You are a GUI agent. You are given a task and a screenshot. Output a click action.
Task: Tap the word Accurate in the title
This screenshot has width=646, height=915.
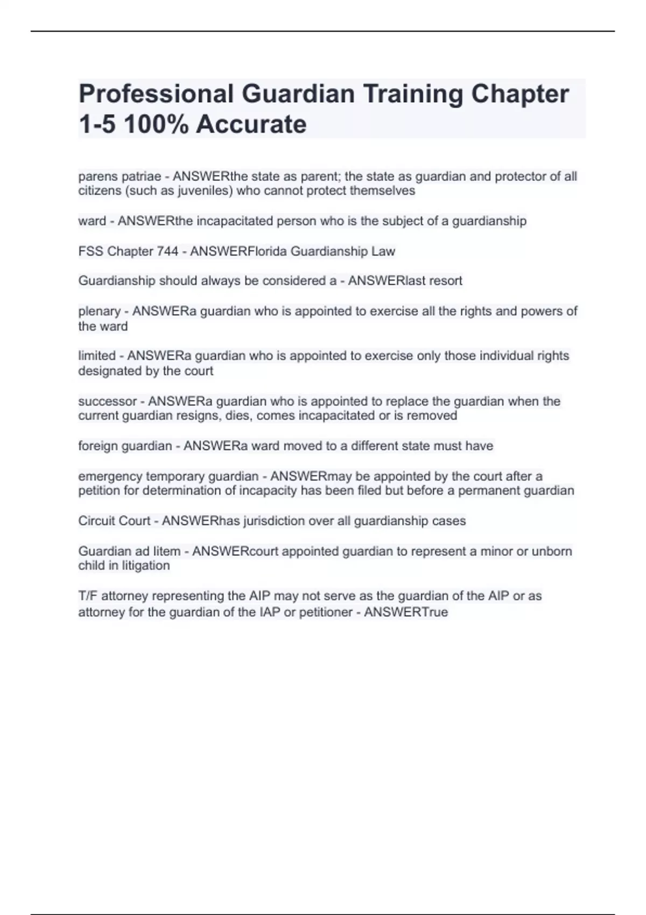point(251,125)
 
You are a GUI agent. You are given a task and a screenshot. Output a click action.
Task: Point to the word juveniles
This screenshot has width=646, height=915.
point(204,191)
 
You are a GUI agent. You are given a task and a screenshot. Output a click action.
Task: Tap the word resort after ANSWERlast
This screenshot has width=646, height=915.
point(445,281)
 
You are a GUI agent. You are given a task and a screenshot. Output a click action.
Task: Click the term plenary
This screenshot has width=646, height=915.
point(100,311)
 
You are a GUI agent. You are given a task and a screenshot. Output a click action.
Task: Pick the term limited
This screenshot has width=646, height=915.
point(97,356)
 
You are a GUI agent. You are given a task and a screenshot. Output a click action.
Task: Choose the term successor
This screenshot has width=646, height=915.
point(108,402)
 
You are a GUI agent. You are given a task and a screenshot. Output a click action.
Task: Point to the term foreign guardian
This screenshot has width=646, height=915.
point(125,446)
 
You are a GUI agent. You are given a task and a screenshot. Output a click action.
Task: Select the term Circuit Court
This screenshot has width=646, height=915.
point(114,521)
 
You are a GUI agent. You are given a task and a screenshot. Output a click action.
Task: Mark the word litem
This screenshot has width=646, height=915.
point(167,551)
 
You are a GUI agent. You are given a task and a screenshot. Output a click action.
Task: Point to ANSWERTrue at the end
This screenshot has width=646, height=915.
point(406,613)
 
